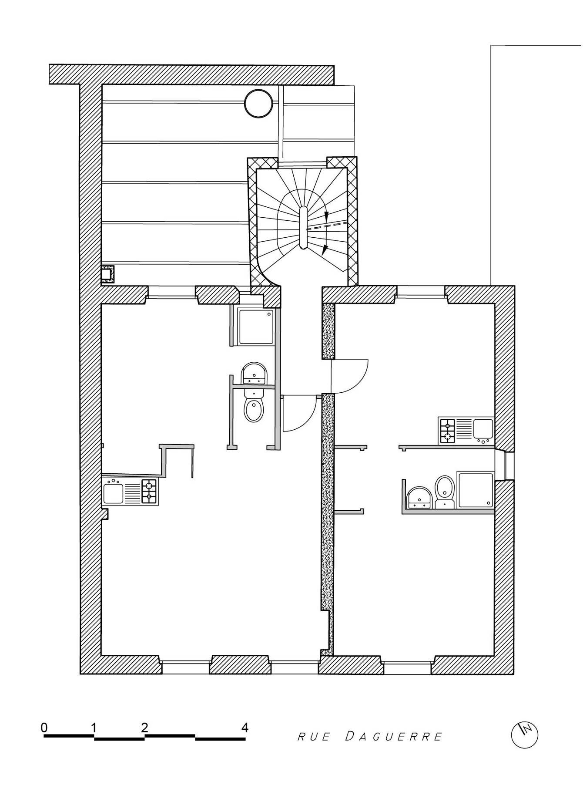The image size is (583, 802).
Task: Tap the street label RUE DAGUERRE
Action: tap(370, 736)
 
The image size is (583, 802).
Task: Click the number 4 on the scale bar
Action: tap(245, 727)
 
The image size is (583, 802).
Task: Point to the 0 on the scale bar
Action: tap(44, 727)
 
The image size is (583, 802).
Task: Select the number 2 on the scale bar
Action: tap(144, 727)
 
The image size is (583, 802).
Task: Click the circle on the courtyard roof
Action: tap(259, 104)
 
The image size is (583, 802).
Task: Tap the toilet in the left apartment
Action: tap(254, 405)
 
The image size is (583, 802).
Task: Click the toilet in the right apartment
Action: tap(445, 491)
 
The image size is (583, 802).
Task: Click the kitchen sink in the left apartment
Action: tap(114, 492)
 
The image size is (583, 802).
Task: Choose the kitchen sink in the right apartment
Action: tap(483, 431)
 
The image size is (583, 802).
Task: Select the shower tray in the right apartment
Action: tap(476, 490)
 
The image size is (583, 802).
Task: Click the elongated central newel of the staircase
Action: tap(304, 227)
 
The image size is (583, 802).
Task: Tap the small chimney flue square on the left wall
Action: tap(108, 274)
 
